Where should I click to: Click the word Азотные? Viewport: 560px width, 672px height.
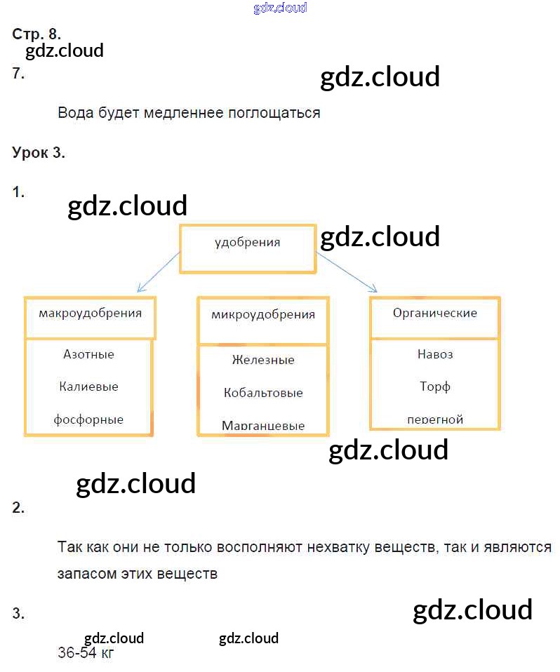[x=88, y=354]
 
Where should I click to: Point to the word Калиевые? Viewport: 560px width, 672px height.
[x=88, y=387]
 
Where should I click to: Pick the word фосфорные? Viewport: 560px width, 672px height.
[x=88, y=419]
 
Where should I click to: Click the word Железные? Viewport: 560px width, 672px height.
[x=263, y=360]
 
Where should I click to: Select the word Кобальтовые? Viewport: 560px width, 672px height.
[x=263, y=392]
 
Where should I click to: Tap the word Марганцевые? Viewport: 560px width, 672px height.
[x=263, y=425]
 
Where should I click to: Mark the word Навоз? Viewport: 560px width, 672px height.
[x=435, y=354]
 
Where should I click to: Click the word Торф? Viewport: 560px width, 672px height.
[x=435, y=387]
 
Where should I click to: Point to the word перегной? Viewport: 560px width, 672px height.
[x=435, y=419]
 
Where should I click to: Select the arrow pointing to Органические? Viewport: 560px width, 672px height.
[x=347, y=272]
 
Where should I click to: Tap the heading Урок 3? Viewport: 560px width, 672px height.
[x=39, y=153]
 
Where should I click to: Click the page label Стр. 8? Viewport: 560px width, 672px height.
[x=36, y=34]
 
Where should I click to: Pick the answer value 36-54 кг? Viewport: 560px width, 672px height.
[x=86, y=653]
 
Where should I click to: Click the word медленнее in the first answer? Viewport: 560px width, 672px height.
[x=183, y=113]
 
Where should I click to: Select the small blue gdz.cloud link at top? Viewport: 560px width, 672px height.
[x=280, y=8]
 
